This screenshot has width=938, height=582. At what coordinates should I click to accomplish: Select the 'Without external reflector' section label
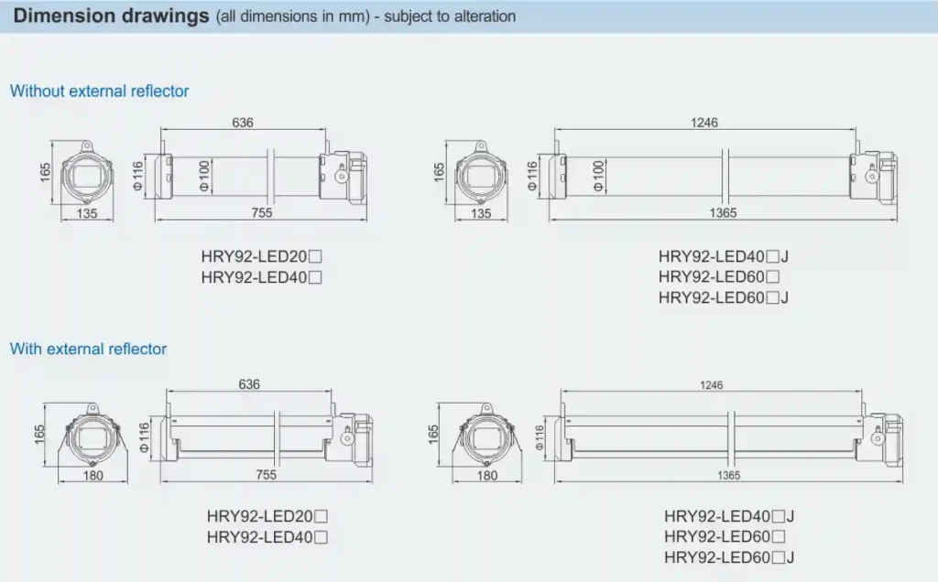point(99,92)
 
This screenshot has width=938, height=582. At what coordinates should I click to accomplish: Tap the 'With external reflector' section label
point(88,349)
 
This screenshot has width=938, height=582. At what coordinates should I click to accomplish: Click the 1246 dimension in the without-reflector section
point(704,123)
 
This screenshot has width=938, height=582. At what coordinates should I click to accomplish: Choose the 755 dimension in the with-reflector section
point(265,476)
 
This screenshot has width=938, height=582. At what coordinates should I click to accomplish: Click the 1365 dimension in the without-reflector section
point(723,213)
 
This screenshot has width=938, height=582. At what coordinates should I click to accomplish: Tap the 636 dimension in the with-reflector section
point(249,384)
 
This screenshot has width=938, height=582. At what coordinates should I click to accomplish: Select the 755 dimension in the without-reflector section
point(261,213)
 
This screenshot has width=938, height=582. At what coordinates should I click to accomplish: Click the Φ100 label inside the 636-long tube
point(204,174)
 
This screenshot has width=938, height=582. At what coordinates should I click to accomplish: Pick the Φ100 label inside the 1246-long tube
point(598,174)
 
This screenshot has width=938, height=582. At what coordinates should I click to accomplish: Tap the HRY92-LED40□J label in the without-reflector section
point(724,257)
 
